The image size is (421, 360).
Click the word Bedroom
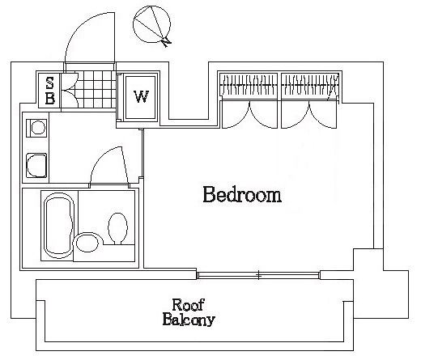[242, 194]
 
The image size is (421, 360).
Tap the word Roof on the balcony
[188, 305]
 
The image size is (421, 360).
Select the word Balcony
[189, 320]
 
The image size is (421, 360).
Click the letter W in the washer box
[141, 97]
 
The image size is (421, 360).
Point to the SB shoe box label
[50, 91]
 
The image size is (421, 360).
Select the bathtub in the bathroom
[59, 226]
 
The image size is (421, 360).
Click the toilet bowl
[117, 228]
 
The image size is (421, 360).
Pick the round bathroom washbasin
[87, 244]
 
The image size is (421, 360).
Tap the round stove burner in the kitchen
[38, 127]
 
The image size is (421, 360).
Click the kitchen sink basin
[36, 165]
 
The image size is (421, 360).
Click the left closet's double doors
[250, 114]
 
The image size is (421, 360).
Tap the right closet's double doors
[309, 114]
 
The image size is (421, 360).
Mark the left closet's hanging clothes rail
[248, 85]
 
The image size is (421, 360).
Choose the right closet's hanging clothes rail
[309, 85]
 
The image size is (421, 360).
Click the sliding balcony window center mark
[259, 275]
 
